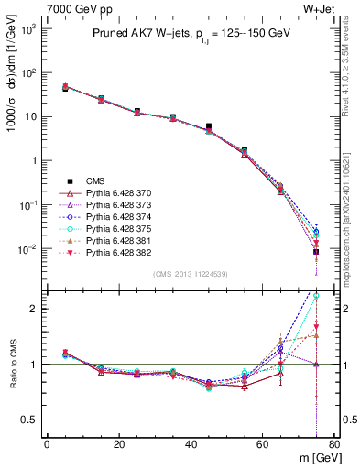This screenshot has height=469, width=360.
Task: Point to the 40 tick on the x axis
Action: pos(190,444)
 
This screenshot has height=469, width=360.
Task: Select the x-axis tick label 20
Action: pos(118,444)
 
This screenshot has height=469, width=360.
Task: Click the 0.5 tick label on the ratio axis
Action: pos(30,420)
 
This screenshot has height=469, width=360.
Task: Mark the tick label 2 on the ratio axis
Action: pos(36,309)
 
